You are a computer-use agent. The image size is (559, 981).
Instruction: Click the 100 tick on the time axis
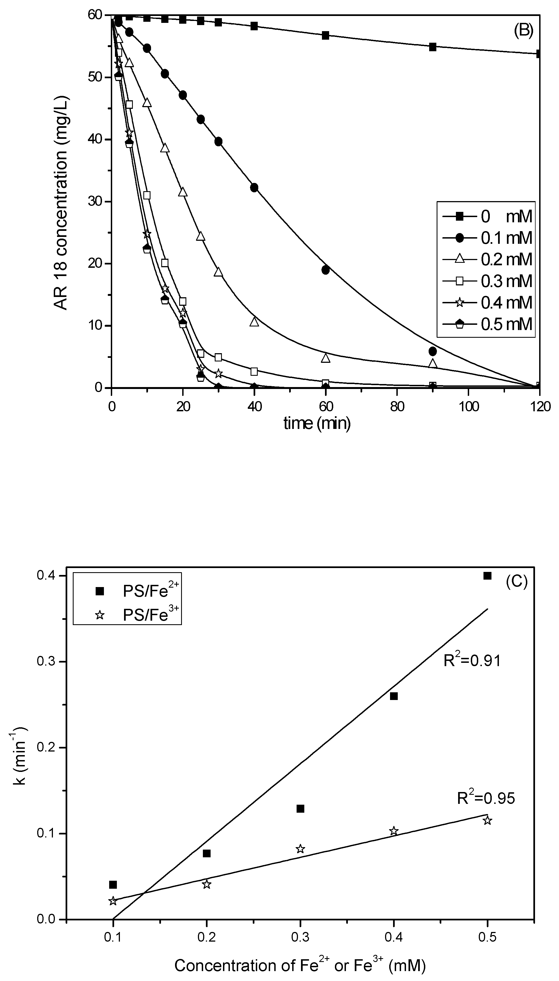(x=468, y=406)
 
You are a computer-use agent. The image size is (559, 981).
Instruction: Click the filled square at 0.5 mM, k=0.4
(x=487, y=575)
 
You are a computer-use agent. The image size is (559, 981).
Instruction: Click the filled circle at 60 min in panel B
(x=326, y=270)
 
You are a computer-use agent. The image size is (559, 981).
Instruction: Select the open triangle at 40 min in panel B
(x=254, y=322)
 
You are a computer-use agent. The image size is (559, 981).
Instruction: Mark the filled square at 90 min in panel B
(x=433, y=47)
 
